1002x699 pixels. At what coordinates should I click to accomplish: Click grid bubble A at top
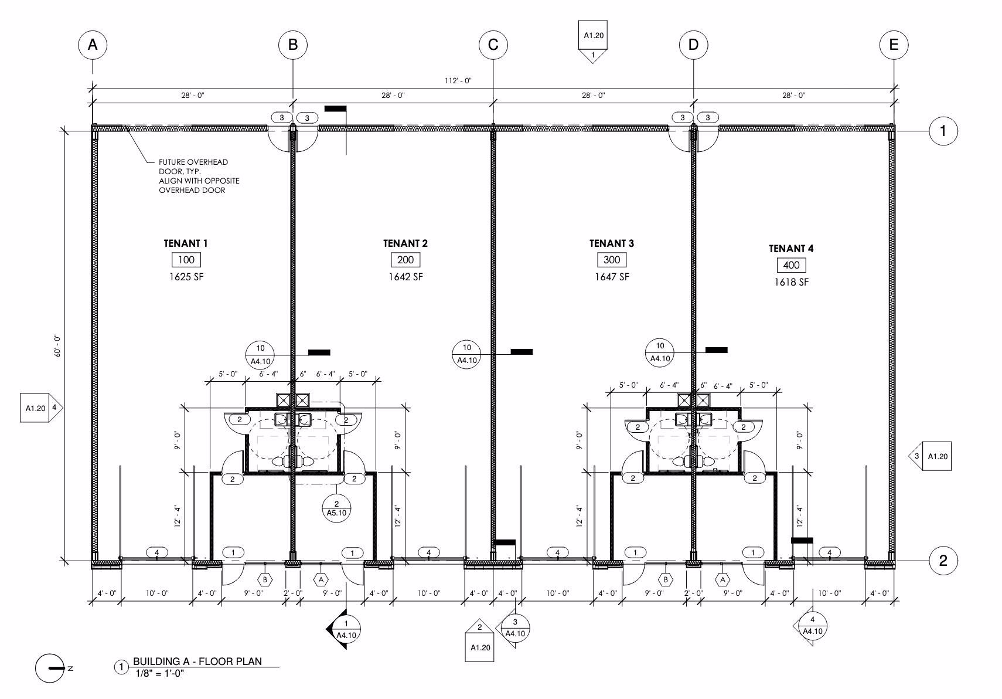pyautogui.click(x=93, y=45)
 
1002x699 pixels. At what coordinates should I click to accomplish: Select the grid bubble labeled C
pyautogui.click(x=493, y=45)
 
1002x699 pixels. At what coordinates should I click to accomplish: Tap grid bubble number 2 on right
pyautogui.click(x=943, y=561)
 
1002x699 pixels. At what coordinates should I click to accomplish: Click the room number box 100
pyautogui.click(x=186, y=260)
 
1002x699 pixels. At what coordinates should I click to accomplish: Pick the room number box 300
pyautogui.click(x=612, y=260)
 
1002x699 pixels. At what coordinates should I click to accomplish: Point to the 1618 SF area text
pyautogui.click(x=791, y=282)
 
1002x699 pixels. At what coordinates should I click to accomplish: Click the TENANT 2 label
pyautogui.click(x=405, y=243)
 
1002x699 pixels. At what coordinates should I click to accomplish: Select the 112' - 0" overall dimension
pyautogui.click(x=459, y=81)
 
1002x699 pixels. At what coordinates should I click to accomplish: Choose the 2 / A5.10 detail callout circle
pyautogui.click(x=336, y=508)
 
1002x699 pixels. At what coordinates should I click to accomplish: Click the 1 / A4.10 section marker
pyautogui.click(x=345, y=629)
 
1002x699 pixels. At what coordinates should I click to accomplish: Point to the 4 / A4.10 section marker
pyautogui.click(x=812, y=626)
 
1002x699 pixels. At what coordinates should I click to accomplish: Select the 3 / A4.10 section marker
pyautogui.click(x=514, y=628)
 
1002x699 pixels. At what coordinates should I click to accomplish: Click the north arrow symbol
pyautogui.click(x=50, y=669)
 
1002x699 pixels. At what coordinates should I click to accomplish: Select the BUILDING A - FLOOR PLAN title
pyautogui.click(x=197, y=661)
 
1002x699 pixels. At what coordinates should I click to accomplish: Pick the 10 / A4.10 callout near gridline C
pyautogui.click(x=467, y=354)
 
